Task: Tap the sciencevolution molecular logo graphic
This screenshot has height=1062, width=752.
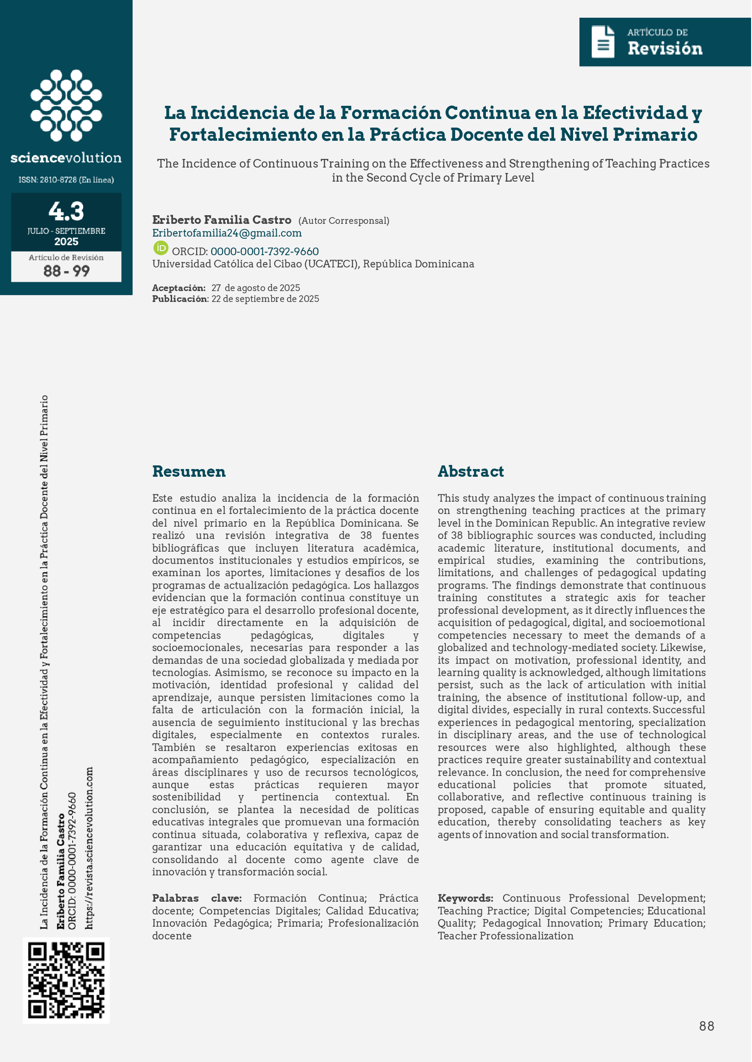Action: (66, 105)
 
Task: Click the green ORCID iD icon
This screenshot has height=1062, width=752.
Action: (161, 248)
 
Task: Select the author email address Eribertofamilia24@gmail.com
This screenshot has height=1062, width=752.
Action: (227, 233)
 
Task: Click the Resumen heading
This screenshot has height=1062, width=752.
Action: (189, 471)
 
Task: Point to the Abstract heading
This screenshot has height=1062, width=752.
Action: (470, 471)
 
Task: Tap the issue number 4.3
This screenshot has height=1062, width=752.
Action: (66, 211)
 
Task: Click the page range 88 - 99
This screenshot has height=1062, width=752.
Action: (66, 271)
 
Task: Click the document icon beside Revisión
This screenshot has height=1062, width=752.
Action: (603, 42)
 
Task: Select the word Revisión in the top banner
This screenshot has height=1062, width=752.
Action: (665, 48)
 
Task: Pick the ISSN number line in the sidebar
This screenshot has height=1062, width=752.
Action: (66, 180)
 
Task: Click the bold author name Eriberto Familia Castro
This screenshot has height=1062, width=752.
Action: (222, 219)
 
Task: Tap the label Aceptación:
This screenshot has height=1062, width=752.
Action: (179, 288)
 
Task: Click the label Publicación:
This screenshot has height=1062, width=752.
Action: (180, 299)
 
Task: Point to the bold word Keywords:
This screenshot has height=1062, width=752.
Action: (465, 898)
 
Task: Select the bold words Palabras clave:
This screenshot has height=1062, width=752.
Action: (197, 898)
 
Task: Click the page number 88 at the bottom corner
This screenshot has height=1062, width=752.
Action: (707, 1026)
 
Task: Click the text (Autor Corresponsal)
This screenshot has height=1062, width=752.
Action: (344, 220)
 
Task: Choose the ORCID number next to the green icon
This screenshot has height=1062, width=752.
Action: (264, 252)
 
